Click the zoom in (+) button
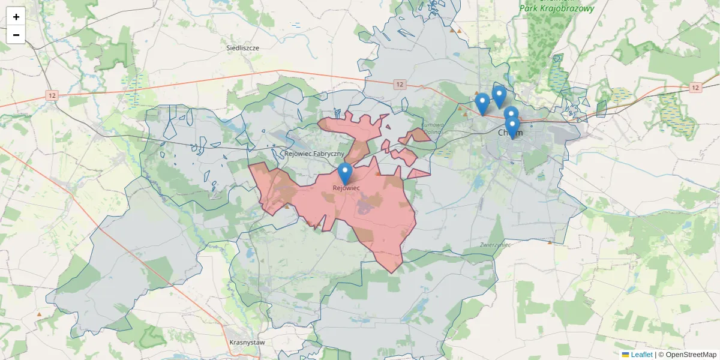pyautogui.click(x=16, y=17)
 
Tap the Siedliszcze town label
pyautogui.click(x=242, y=47)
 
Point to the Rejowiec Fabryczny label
pyautogui.click(x=314, y=154)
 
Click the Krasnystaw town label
pyautogui.click(x=247, y=342)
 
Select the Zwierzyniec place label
pyautogui.click(x=495, y=245)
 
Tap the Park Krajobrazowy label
pyautogui.click(x=557, y=9)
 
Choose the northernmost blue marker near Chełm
pyautogui.click(x=499, y=97)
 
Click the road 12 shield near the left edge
pyautogui.click(x=53, y=95)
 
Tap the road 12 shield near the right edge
pyautogui.click(x=695, y=88)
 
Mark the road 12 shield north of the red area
pyautogui.click(x=400, y=85)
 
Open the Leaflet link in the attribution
pyautogui.click(x=641, y=355)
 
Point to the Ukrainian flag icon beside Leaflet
pyautogui.click(x=625, y=355)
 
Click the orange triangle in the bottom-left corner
pyautogui.click(x=39, y=314)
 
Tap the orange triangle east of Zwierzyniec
pyautogui.click(x=550, y=242)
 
